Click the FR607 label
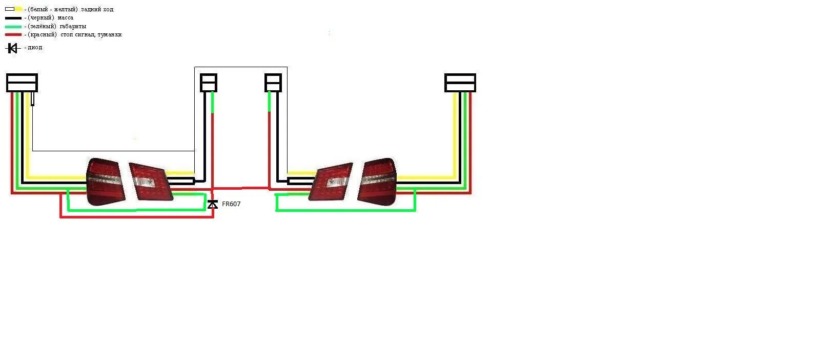(x=231, y=204)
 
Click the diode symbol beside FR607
(x=213, y=204)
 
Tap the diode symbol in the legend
(x=12, y=48)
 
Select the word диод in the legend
(x=35, y=48)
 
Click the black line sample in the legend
(x=13, y=18)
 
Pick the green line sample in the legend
(x=13, y=27)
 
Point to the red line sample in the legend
(x=13, y=35)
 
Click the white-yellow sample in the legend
(x=13, y=9)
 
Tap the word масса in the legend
(x=66, y=18)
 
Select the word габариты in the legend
(x=72, y=26)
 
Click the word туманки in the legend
(x=109, y=35)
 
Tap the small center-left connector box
(x=209, y=83)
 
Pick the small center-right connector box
(x=273, y=83)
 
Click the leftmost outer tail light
(x=105, y=182)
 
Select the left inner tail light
(x=151, y=181)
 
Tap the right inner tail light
(x=332, y=182)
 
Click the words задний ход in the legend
(x=97, y=9)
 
